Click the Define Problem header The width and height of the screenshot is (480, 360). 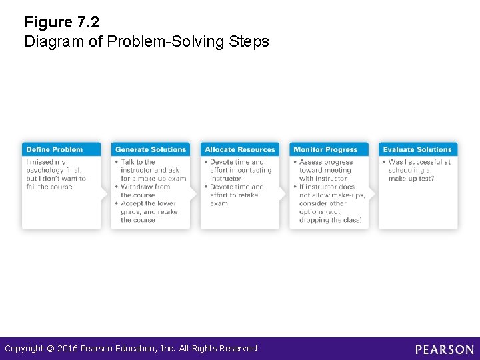[x=55, y=149]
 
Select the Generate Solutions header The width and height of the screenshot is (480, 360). [x=151, y=149]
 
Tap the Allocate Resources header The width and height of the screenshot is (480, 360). [x=240, y=149]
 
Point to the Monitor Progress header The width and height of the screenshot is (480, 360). [x=326, y=149]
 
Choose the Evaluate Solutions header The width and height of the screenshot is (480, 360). [x=417, y=149]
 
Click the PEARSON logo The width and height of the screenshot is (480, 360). [x=445, y=349]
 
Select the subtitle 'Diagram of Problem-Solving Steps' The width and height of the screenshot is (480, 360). [x=147, y=42]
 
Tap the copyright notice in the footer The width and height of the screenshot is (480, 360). [x=131, y=349]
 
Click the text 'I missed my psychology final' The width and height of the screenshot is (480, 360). [x=54, y=166]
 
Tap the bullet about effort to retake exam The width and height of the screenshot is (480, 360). [x=236, y=195]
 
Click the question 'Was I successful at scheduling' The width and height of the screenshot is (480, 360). [x=419, y=170]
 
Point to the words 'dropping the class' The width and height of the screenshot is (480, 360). [x=330, y=220]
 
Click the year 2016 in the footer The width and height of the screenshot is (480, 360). [x=67, y=349]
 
